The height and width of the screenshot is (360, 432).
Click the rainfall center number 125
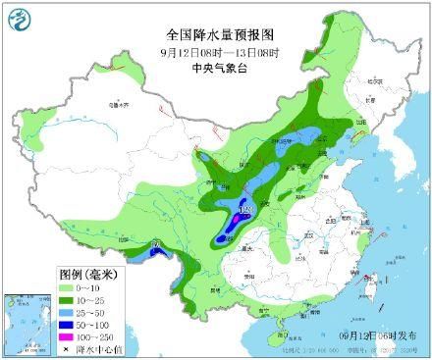pyautogui.click(x=246, y=209)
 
